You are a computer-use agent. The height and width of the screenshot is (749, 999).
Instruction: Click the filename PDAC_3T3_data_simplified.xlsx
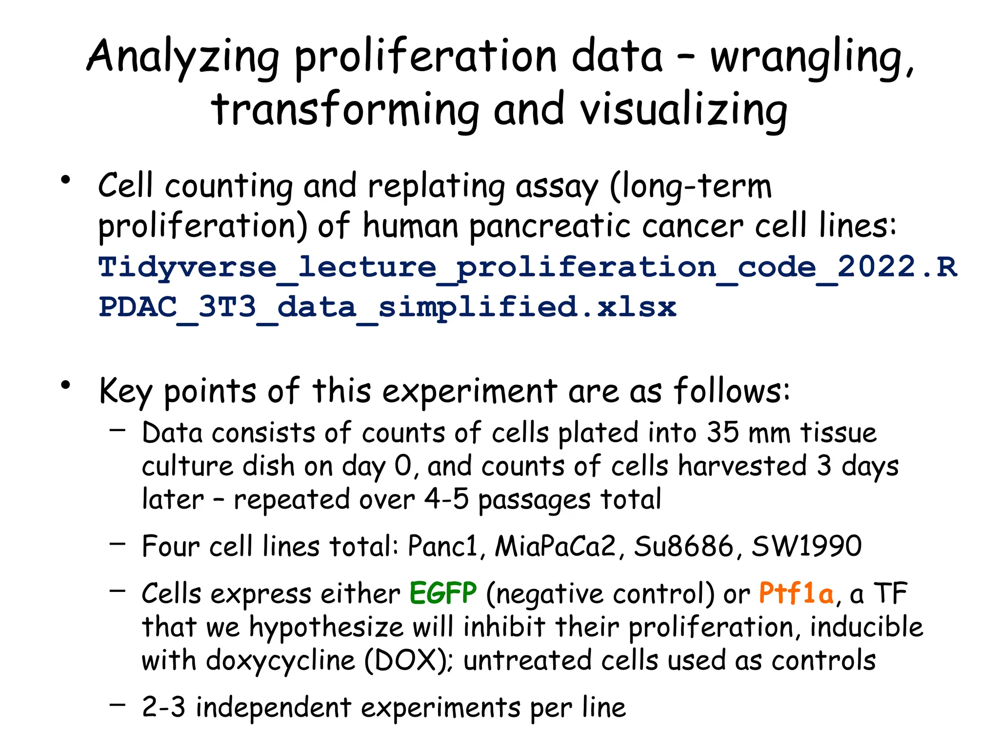(387, 308)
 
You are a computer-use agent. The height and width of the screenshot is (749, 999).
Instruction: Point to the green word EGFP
(443, 594)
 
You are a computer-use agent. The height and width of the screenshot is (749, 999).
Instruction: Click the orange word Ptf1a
(796, 594)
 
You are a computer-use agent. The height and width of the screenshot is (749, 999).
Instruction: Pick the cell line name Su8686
(683, 546)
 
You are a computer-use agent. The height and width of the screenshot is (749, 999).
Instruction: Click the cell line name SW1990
(806, 546)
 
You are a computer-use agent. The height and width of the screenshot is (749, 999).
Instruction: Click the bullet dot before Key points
(65, 386)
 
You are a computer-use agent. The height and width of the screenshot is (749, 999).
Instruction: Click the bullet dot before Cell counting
(65, 180)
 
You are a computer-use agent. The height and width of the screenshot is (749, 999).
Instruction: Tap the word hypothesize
(326, 628)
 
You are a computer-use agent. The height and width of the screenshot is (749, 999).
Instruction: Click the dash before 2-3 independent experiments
(118, 704)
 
